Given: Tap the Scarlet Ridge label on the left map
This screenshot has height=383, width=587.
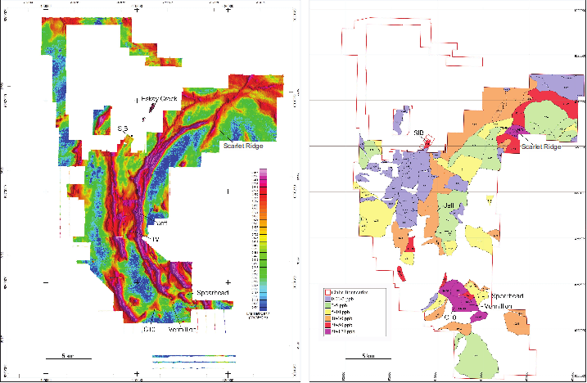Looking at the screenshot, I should coord(245,146).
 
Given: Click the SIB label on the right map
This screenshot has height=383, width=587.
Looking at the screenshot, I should coord(418,133).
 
